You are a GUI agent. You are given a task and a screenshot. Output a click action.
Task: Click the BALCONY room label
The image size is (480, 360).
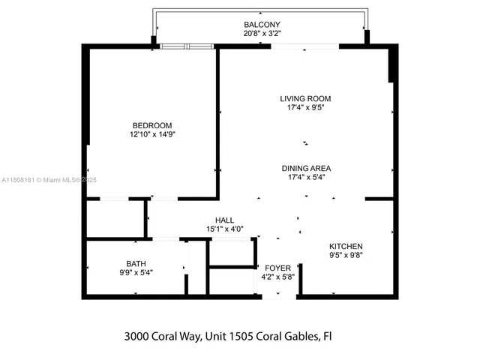(262, 25)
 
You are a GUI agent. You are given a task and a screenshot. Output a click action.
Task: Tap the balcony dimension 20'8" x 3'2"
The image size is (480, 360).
(262, 34)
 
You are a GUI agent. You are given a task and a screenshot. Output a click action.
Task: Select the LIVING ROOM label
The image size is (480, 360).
(305, 98)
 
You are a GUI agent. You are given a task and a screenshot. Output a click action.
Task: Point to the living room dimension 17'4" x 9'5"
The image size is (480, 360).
(305, 107)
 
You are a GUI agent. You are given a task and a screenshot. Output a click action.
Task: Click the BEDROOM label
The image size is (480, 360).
(152, 125)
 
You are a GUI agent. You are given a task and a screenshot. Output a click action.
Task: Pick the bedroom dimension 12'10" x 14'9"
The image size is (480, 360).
(152, 134)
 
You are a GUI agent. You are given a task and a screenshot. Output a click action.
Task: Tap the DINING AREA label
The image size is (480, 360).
(306, 168)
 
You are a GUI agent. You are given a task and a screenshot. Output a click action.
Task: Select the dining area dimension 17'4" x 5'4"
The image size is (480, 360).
(306, 177)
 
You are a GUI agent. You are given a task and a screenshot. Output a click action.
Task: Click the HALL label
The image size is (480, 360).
(225, 220)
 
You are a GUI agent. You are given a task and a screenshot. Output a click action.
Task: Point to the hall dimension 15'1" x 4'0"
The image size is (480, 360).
(225, 229)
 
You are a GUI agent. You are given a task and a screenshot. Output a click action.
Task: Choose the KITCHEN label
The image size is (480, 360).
(346, 246)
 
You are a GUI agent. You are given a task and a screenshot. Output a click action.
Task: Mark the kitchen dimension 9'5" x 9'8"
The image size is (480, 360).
(346, 255)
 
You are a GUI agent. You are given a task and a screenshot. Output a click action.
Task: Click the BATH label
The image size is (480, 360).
(136, 263)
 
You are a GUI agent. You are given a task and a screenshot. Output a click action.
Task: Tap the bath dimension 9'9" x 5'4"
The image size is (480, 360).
(136, 272)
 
